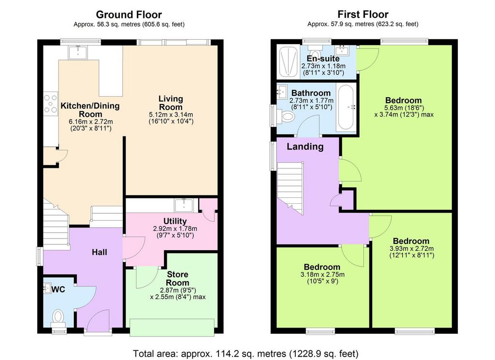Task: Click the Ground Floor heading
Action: pyautogui.click(x=129, y=15)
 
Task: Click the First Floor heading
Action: pyautogui.click(x=363, y=14)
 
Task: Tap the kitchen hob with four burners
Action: pyautogui.click(x=50, y=104)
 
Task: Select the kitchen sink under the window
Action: pyautogui.click(x=78, y=52)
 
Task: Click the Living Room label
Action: pyautogui.click(x=171, y=103)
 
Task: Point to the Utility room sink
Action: pyautogui.click(x=184, y=206)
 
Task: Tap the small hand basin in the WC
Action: pyautogui.click(x=47, y=288)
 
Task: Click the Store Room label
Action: pyautogui.click(x=177, y=278)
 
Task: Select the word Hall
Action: pyautogui.click(x=100, y=252)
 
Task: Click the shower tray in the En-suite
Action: pyautogui.click(x=288, y=62)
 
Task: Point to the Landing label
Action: pyautogui.click(x=305, y=147)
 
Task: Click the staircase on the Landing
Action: pyautogui.click(x=290, y=188)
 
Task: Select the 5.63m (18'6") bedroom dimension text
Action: pyautogui.click(x=404, y=108)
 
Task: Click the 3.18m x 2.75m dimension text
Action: pyautogui.click(x=322, y=274)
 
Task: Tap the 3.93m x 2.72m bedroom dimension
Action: pyautogui.click(x=411, y=248)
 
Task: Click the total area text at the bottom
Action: pyautogui.click(x=246, y=353)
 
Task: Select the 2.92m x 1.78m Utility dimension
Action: pyautogui.click(x=175, y=228)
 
